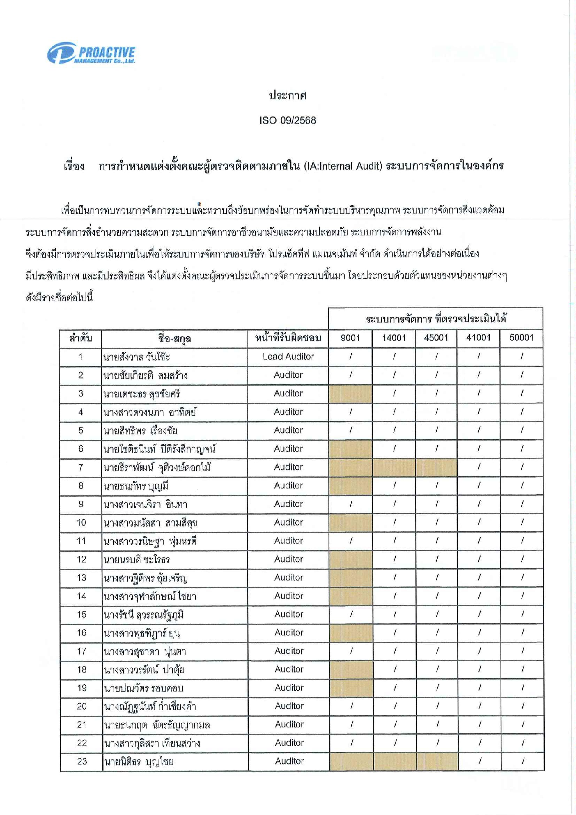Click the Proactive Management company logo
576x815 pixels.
[91, 53]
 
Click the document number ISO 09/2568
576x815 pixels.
[287, 120]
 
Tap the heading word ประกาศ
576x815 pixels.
[287, 95]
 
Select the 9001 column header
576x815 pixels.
[350, 337]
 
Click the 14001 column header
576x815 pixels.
[394, 337]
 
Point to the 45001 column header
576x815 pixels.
[436, 337]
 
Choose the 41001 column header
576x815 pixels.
[478, 337]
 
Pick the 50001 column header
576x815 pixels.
[521, 337]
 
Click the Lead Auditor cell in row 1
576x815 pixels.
[288, 356]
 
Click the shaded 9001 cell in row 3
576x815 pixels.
[350, 393]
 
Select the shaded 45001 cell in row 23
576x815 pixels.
[437, 761]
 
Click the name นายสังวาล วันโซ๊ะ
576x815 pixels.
[137, 357]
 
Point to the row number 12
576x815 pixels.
[81, 560]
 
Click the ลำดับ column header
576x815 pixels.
[81, 338]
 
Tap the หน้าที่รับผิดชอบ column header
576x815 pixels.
[288, 338]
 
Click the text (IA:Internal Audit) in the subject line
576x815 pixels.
[343, 166]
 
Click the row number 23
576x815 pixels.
[82, 761]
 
